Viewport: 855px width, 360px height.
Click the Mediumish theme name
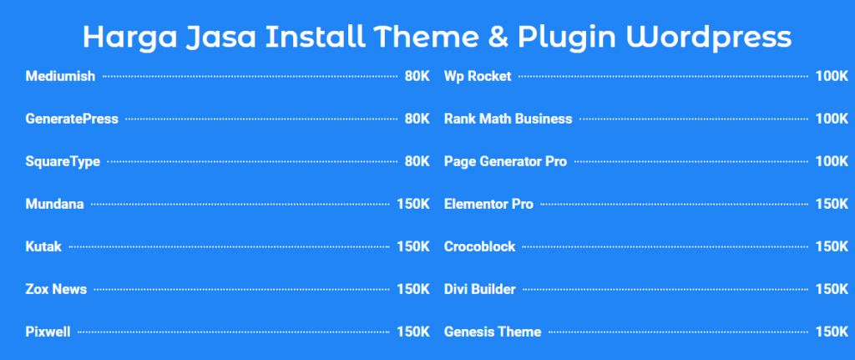[x=60, y=77]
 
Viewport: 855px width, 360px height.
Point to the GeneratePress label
[x=72, y=119]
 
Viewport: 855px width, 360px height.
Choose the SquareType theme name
[x=63, y=161]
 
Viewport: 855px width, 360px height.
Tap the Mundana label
[x=54, y=204]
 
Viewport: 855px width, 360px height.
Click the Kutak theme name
[x=43, y=246]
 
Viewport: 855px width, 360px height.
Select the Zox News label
[x=56, y=289]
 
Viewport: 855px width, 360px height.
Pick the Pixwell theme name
[x=48, y=332]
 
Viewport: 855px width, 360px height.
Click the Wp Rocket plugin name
[x=478, y=77]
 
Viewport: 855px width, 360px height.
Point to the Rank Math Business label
[x=508, y=119]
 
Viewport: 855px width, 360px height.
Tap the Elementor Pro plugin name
[x=488, y=204]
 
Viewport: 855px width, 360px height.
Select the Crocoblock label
[x=480, y=246]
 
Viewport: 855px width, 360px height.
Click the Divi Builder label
[x=480, y=289]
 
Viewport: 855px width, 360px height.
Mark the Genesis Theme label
[x=493, y=332]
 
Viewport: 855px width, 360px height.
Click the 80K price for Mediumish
[x=417, y=77]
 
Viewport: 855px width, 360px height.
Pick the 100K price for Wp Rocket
[x=832, y=77]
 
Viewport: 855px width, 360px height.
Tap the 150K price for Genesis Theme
[x=832, y=332]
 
